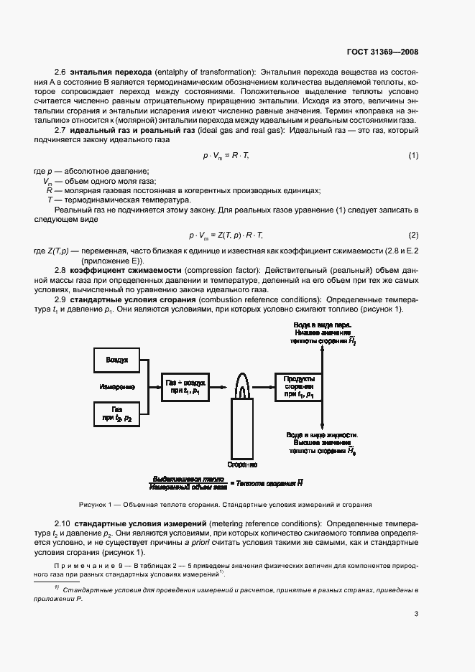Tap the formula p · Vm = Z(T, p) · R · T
(x=226, y=235)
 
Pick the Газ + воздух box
(x=185, y=386)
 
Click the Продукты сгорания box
(x=298, y=386)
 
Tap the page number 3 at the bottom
(x=416, y=613)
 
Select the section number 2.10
(x=63, y=523)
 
